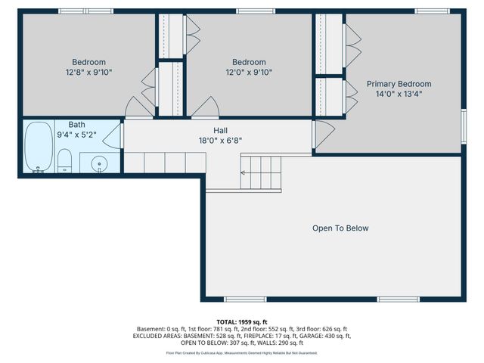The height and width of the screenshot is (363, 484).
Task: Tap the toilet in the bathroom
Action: click(x=66, y=161)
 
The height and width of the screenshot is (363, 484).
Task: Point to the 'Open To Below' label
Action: click(x=340, y=228)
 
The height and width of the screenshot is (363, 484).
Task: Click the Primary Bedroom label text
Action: click(x=399, y=84)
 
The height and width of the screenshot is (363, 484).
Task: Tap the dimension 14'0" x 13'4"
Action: click(x=399, y=95)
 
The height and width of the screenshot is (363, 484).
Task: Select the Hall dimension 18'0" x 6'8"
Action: click(x=220, y=141)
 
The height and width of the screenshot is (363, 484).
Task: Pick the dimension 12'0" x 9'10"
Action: click(x=249, y=73)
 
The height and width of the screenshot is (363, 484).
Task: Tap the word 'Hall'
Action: click(x=220, y=130)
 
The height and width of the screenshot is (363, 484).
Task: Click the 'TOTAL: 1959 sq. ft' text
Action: click(x=242, y=321)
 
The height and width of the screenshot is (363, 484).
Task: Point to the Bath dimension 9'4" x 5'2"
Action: click(x=76, y=135)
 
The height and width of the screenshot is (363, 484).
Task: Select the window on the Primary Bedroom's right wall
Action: click(x=463, y=124)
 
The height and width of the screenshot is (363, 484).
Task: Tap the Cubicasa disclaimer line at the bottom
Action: click(x=242, y=353)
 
